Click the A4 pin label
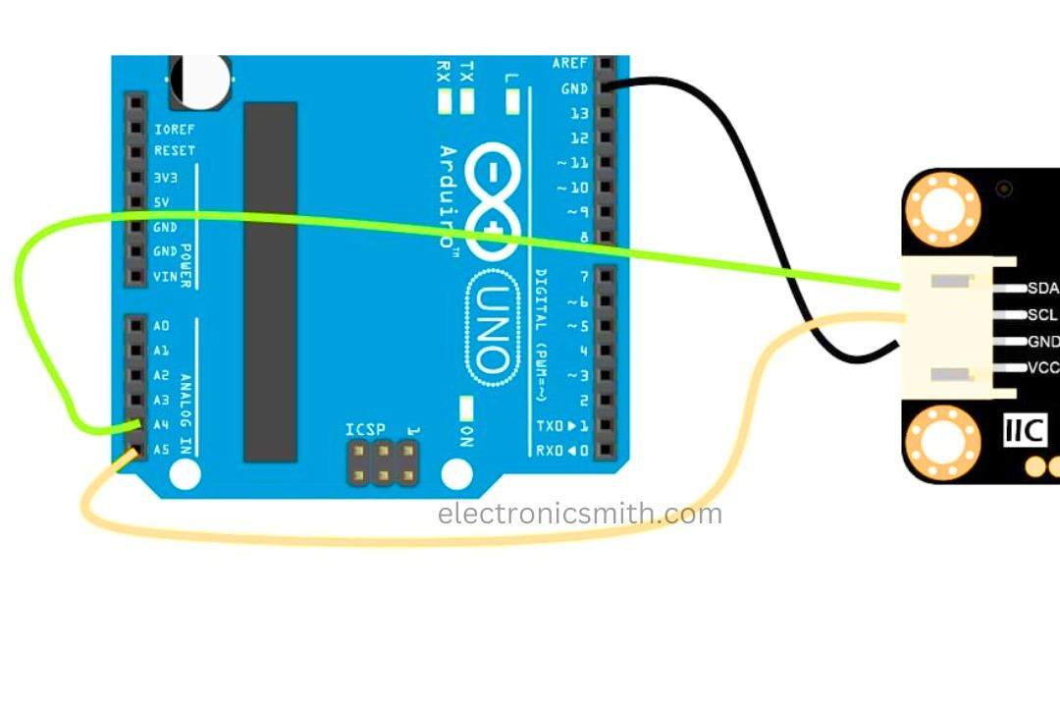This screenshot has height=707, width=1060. (x=161, y=425)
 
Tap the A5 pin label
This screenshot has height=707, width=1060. (x=161, y=450)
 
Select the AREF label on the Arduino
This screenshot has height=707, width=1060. (x=570, y=63)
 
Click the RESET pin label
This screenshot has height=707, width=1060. (x=174, y=151)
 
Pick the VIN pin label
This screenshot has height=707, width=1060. (x=165, y=277)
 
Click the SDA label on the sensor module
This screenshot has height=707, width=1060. (x=1042, y=289)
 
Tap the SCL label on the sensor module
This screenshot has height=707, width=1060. (x=1042, y=315)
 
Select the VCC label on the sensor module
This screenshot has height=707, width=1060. (x=1042, y=368)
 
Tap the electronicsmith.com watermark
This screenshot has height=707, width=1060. (x=579, y=514)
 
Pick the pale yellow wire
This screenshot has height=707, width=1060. (x=393, y=538)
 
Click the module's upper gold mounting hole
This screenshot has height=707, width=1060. (x=943, y=209)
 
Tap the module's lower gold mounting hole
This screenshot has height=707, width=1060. (x=943, y=444)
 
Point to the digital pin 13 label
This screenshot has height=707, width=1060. (x=579, y=113)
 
